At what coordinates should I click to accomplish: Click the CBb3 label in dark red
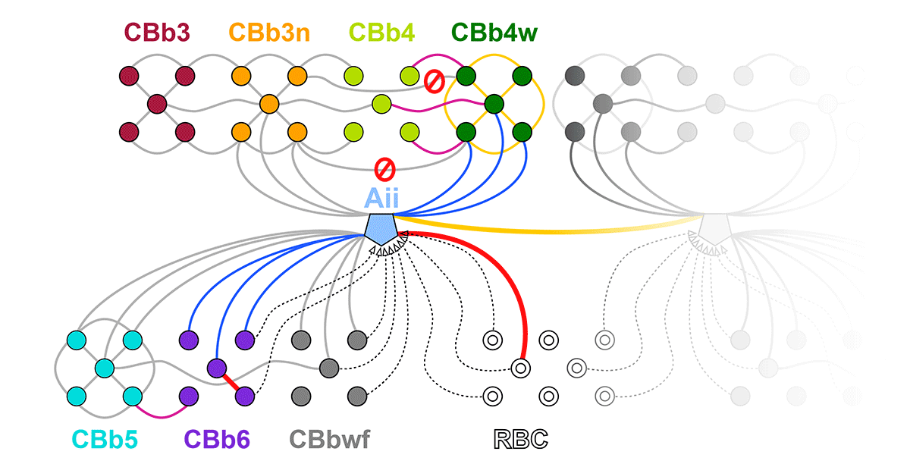[157, 33]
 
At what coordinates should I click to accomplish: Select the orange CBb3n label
[268, 33]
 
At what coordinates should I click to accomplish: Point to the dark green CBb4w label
[494, 33]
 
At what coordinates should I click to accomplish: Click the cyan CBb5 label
[105, 439]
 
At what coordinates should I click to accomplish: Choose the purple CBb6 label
[218, 439]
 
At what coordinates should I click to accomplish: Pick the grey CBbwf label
[330, 439]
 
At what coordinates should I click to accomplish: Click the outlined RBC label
[520, 439]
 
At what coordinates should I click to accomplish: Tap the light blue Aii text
[381, 198]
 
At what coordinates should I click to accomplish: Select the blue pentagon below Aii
[381, 227]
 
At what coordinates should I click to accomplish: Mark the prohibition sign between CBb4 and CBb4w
[434, 81]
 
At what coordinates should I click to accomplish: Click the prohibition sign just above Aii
[386, 168]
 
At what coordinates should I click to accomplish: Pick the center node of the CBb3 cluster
[157, 104]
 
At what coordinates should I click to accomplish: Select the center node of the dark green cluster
[494, 104]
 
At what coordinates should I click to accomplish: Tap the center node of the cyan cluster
[104, 368]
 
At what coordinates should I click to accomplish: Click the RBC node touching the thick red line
[519, 368]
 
